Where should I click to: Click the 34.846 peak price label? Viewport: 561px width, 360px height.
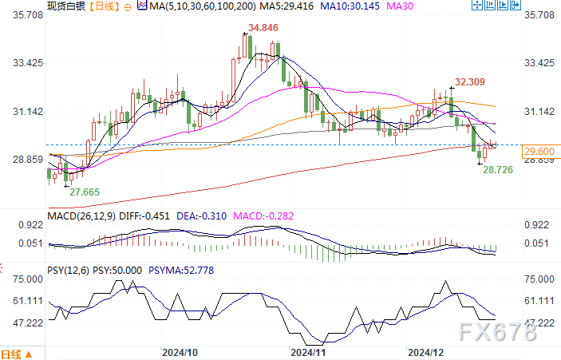pos(263,28)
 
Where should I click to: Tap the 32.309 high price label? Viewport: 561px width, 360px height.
pos(471,81)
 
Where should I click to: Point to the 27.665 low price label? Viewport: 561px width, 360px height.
pos(85,192)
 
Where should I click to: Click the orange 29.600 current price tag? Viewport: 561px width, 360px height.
pos(540,152)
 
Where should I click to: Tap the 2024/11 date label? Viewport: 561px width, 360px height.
pos(309,351)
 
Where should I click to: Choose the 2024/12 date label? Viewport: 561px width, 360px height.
pos(425,351)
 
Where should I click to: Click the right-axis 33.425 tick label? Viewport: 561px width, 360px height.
pos(539,63)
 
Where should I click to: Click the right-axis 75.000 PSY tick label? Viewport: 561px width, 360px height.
pos(539,279)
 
